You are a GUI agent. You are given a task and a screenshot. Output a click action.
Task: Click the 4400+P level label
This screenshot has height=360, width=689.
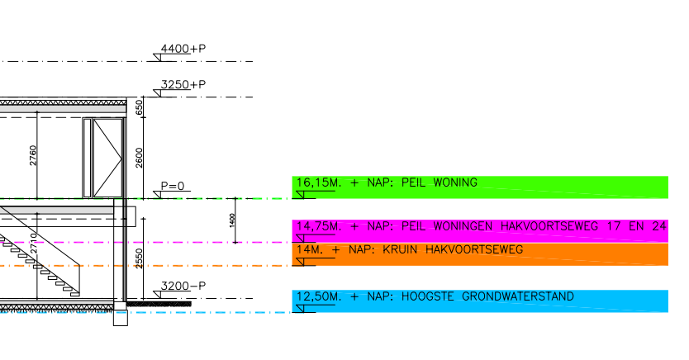(183, 48)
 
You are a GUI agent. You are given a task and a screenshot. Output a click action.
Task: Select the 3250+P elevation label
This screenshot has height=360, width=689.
(183, 84)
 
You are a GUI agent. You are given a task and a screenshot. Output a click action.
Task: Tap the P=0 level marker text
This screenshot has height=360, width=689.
(173, 186)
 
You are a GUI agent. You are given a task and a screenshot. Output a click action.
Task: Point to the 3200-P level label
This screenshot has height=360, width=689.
(183, 286)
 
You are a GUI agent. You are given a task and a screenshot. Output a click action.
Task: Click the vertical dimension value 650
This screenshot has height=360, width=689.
(140, 107)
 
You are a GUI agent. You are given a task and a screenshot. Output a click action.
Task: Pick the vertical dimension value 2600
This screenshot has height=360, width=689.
(140, 158)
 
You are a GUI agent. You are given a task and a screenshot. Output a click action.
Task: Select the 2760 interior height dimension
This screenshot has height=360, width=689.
(33, 155)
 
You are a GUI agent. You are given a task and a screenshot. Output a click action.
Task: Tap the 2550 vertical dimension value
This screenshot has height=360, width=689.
(140, 258)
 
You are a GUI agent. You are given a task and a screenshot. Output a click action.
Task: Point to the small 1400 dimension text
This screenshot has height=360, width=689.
(232, 220)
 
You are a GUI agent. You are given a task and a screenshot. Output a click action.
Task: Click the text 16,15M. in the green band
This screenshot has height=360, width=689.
(319, 182)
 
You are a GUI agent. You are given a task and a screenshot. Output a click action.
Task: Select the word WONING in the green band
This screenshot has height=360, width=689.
(455, 182)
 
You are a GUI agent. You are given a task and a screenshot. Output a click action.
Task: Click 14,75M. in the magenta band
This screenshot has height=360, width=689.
(319, 226)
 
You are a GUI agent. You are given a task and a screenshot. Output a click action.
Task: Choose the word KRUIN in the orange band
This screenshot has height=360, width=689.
(400, 250)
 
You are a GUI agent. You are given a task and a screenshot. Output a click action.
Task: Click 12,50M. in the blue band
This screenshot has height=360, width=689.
(319, 296)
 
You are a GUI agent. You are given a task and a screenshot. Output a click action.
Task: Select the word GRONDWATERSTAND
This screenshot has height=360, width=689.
(518, 296)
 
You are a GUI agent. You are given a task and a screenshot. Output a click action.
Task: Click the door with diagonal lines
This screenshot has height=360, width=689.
(107, 158)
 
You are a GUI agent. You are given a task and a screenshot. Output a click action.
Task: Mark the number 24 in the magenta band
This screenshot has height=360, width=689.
(659, 226)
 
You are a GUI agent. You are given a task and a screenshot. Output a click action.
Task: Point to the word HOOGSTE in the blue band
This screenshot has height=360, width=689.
(428, 296)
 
